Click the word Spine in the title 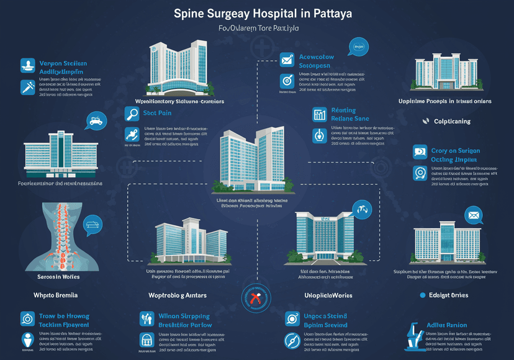[x=191, y=12]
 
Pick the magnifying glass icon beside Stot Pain [x=131, y=114]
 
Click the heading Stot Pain [x=157, y=114]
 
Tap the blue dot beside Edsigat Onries [x=423, y=295]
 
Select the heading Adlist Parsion [x=447, y=325]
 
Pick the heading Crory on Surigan [x=455, y=151]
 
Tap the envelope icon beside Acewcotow [x=287, y=60]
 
